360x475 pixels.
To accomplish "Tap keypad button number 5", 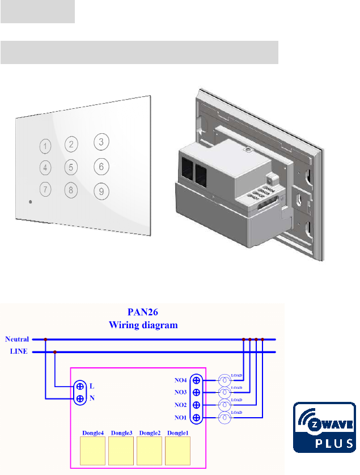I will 70,167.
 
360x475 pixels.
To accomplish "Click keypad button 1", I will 45,147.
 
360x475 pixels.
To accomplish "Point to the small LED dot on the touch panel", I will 31,202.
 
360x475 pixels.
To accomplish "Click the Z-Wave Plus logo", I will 324,427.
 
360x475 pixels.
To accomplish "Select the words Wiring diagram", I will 143,325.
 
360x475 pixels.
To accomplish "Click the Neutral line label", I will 17,340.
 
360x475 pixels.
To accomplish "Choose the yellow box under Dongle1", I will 179,451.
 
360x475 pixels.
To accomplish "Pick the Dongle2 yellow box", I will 150,451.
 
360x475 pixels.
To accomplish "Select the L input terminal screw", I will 81,386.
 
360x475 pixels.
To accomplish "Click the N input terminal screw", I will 81,398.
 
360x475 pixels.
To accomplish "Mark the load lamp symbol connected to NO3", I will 225,392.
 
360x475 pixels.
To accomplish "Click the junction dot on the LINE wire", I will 55,352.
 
